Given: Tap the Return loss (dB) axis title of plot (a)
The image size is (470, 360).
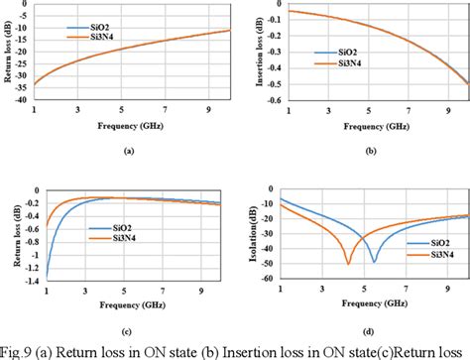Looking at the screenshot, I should [x=8, y=54].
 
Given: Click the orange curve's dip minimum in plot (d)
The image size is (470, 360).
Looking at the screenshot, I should [x=348, y=263].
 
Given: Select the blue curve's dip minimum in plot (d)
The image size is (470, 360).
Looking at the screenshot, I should [x=374, y=262].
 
